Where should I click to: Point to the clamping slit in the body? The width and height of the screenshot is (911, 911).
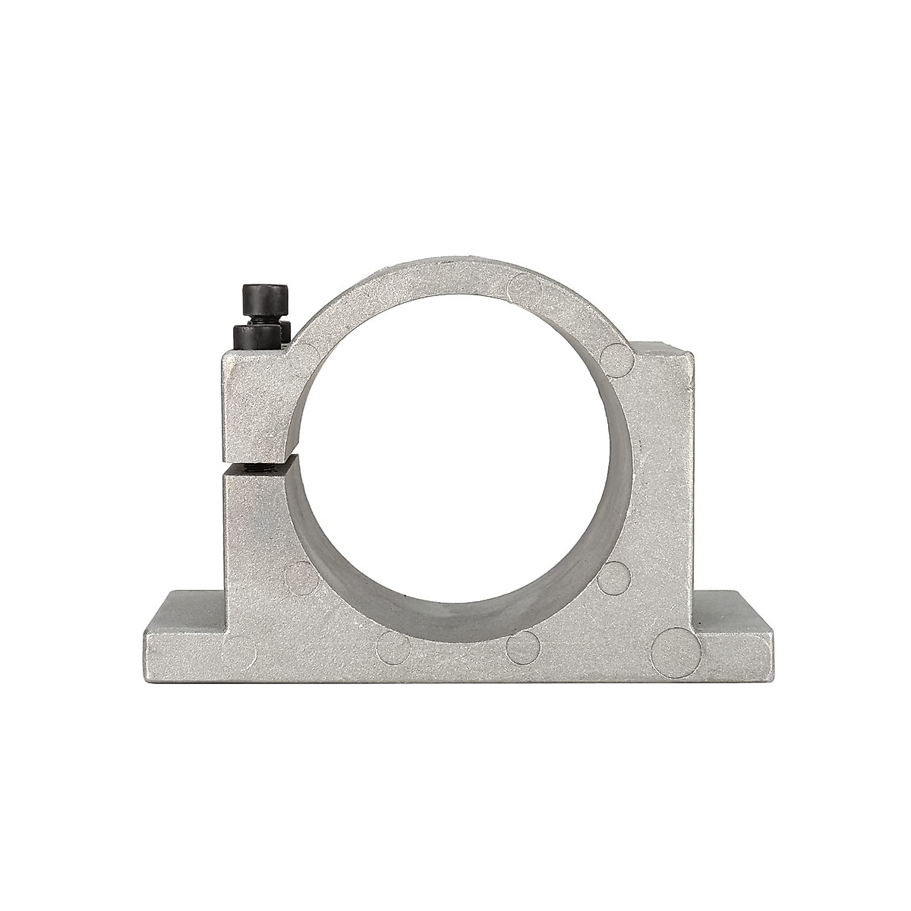[258, 465]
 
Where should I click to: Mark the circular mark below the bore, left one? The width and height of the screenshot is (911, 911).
[395, 645]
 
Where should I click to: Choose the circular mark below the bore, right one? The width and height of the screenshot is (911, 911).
[522, 644]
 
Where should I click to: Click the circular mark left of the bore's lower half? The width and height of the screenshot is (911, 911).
[302, 575]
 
